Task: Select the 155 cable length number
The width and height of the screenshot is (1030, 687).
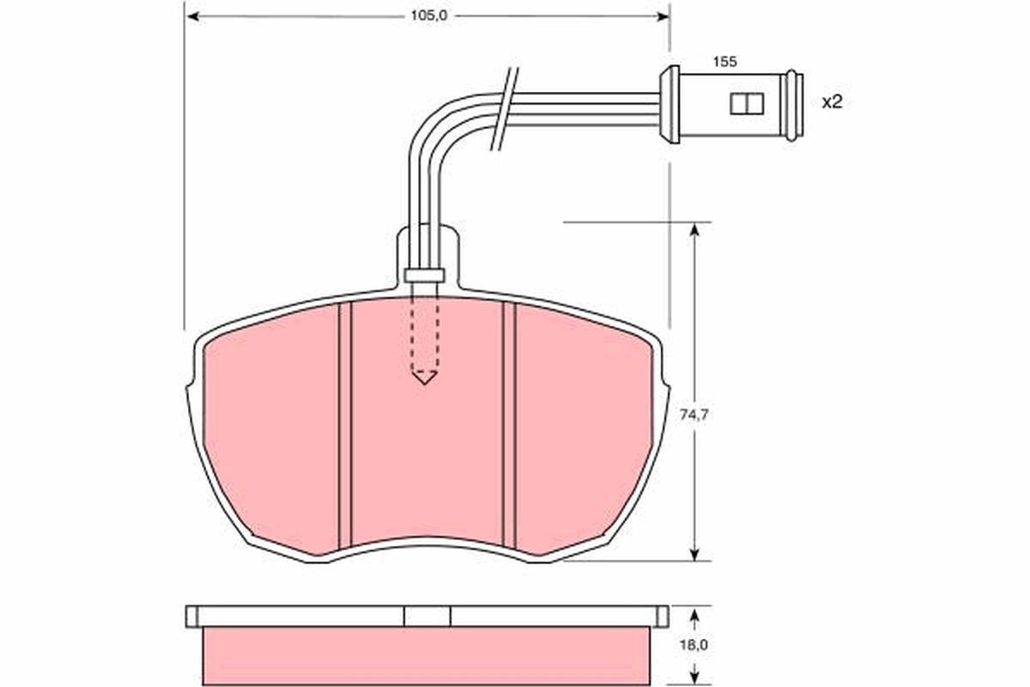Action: click(x=725, y=62)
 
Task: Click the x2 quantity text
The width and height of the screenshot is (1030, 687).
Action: click(x=832, y=102)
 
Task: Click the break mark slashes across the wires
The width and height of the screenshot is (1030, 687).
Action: click(x=506, y=109)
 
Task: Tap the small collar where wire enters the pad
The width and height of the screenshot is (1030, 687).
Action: click(x=424, y=275)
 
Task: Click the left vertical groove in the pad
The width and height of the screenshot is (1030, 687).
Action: click(x=345, y=425)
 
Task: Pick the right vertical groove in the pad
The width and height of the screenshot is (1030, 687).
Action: click(x=508, y=425)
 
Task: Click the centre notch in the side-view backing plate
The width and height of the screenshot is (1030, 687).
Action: click(x=427, y=616)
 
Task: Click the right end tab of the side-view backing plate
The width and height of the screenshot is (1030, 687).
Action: click(x=663, y=616)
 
